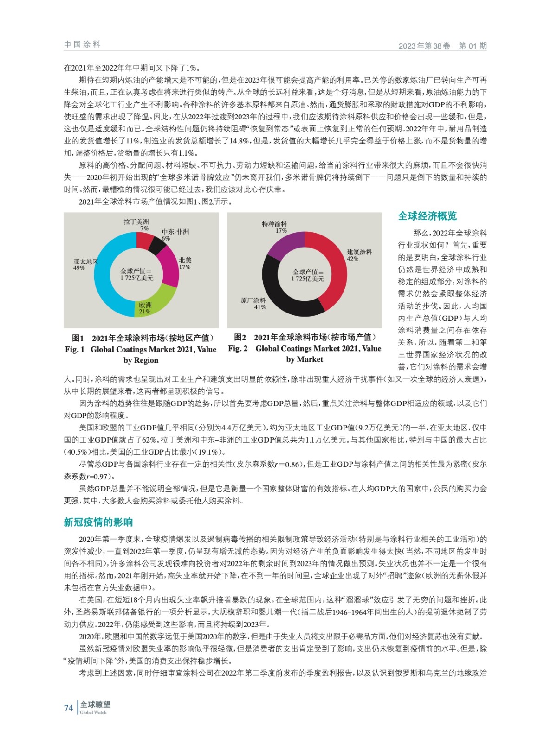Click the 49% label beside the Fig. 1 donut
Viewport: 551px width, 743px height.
click(x=79, y=268)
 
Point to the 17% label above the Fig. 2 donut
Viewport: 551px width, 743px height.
click(x=281, y=230)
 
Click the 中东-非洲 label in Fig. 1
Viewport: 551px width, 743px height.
click(x=175, y=231)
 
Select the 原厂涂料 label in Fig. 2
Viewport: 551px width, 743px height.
click(x=253, y=300)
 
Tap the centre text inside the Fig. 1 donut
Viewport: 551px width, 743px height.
click(x=136, y=274)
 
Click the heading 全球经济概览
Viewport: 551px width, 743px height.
click(x=427, y=216)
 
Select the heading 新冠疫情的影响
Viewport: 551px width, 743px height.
click(x=98, y=522)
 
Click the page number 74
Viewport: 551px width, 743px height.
click(x=69, y=708)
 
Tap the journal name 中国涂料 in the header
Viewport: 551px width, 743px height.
click(x=82, y=45)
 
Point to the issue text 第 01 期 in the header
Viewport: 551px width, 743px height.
click(x=473, y=46)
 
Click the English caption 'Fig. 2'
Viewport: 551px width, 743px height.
click(x=238, y=348)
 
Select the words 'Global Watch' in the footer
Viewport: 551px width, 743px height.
click(x=93, y=712)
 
